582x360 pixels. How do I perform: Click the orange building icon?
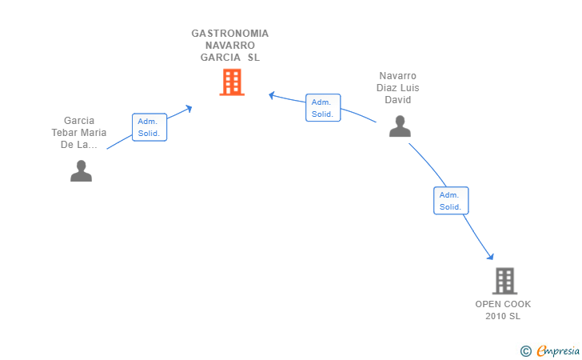(x=232, y=82)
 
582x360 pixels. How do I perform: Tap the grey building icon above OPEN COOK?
(x=504, y=281)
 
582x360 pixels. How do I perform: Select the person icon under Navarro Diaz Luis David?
(x=400, y=126)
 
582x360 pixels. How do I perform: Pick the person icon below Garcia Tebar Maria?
(x=81, y=171)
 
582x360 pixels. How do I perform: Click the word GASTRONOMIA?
(x=230, y=34)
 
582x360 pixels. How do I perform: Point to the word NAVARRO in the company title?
(x=230, y=46)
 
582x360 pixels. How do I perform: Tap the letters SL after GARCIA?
(x=254, y=58)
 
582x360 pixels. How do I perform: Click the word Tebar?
(x=65, y=133)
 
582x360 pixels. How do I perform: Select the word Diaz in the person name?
(x=385, y=88)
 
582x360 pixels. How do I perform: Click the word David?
(x=398, y=99)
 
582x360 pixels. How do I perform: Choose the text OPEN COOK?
(x=503, y=304)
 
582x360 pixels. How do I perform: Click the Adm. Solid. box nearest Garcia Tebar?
(x=149, y=127)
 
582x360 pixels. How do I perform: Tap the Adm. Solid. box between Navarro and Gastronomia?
(x=323, y=108)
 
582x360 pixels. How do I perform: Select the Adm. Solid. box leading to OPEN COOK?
(x=451, y=201)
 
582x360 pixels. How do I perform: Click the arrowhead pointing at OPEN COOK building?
(x=491, y=257)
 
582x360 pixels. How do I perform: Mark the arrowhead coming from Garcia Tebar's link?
(x=189, y=108)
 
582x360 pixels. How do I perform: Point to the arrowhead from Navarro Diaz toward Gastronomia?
(x=272, y=95)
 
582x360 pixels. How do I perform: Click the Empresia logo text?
(x=558, y=350)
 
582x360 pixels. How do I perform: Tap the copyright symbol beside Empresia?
(x=526, y=351)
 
